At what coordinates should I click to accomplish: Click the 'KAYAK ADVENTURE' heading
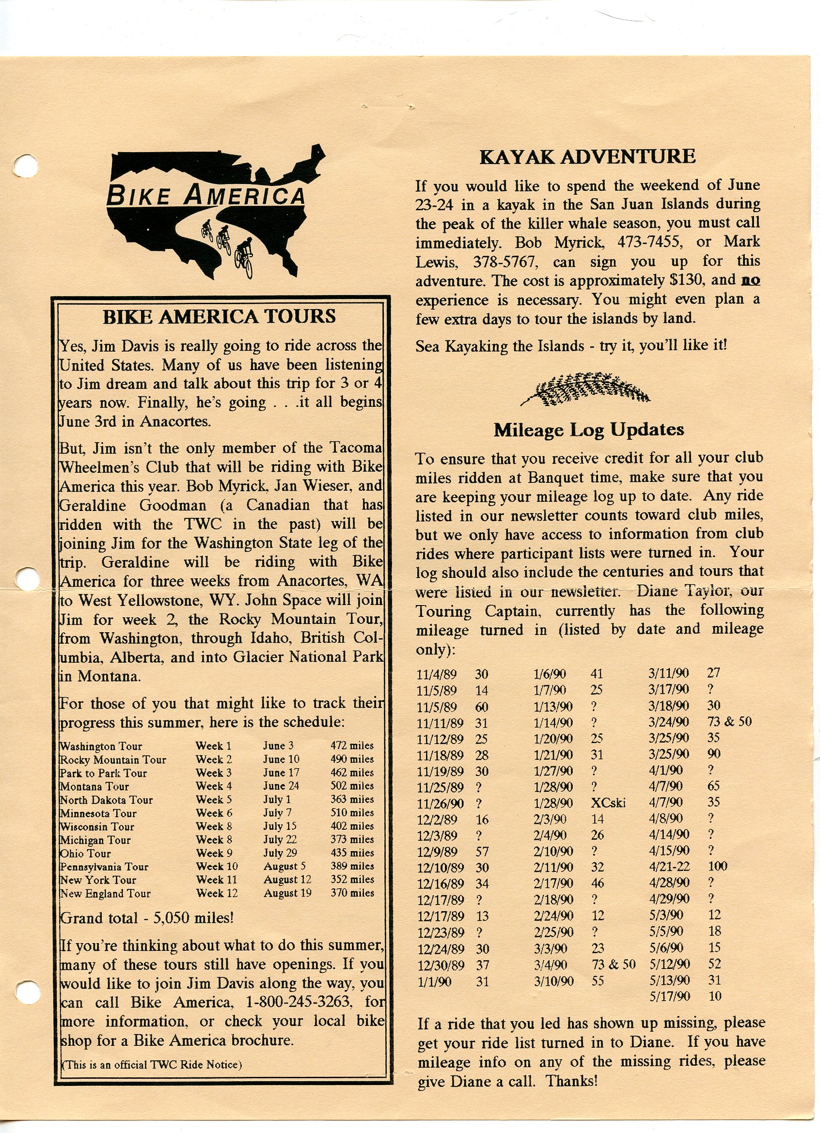pos(587,157)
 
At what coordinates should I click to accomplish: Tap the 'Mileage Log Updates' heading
pos(589,430)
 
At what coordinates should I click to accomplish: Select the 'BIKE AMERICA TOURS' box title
pos(220,317)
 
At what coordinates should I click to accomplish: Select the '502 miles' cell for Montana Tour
pos(352,785)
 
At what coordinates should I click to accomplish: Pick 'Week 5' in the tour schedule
pos(214,799)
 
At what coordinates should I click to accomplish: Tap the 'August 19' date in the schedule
pos(287,893)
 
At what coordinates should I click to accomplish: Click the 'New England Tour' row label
pos(105,893)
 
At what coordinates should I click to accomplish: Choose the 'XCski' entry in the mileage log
pos(608,803)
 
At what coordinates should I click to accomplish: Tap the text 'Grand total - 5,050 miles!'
pos(147,918)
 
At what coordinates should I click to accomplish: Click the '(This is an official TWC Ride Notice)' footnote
pos(151,1065)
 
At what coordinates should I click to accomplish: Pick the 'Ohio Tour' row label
pos(85,853)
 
